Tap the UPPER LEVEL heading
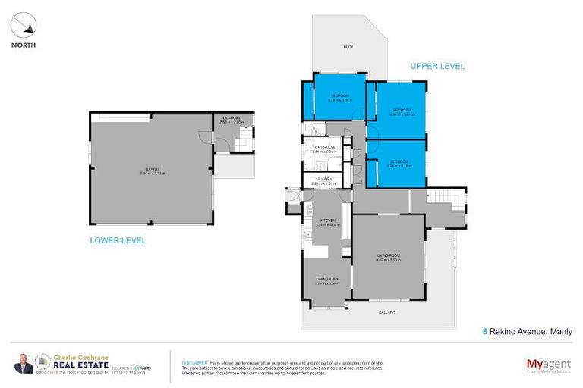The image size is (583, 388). [436, 67]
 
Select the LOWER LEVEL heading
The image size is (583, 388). [118, 240]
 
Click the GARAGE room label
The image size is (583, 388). [151, 169]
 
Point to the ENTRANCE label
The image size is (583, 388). [230, 117]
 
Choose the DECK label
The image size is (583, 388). [348, 47]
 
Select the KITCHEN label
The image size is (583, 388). [326, 221]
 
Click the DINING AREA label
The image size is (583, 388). [326, 280]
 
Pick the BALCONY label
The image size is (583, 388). [387, 312]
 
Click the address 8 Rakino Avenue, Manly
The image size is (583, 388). [528, 331]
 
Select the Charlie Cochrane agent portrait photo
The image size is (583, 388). [23, 365]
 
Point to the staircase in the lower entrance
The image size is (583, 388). [244, 138]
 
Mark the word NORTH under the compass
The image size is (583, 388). [24, 45]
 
